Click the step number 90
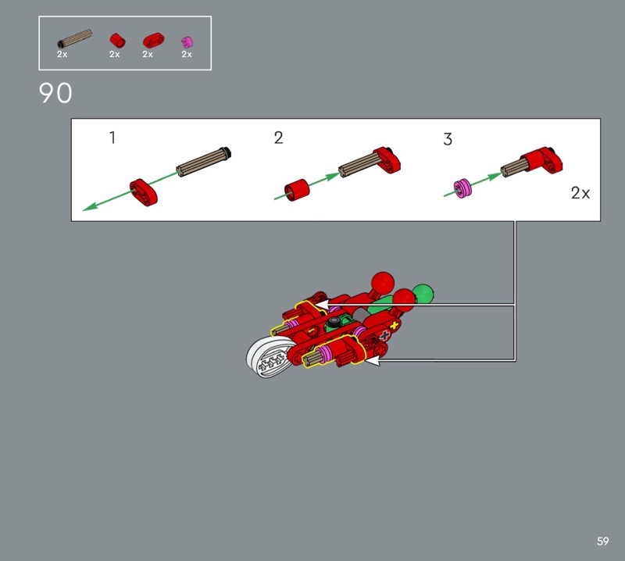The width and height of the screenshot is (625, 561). tap(55, 93)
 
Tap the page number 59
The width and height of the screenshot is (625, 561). tap(602, 541)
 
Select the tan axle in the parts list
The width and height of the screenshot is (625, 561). tap(75, 38)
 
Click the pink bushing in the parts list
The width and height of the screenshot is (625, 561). tap(187, 42)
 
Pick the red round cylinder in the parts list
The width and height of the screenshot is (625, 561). tap(118, 41)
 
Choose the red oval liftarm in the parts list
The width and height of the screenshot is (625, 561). tap(153, 41)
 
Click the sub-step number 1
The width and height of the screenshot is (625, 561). tap(112, 138)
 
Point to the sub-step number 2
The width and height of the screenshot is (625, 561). tap(279, 138)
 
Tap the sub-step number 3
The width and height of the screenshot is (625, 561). tap(448, 139)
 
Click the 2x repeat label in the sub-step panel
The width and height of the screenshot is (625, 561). tap(580, 193)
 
